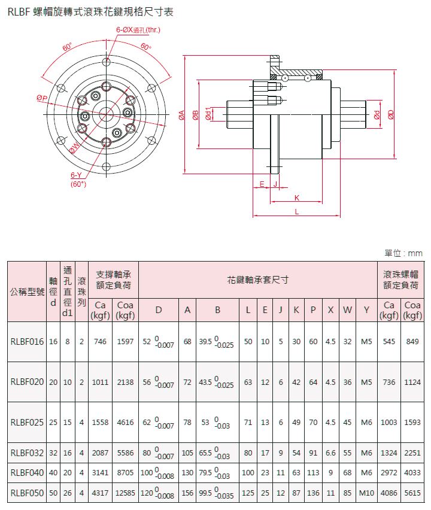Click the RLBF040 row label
pos(27,473)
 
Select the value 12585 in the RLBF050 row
pos(125,493)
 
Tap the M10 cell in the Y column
pos(366,493)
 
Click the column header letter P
pos(313,310)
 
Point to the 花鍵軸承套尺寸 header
pos(257,280)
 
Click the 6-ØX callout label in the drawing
pos(138,30)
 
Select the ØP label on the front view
pos(42,98)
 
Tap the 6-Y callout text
pos(76,175)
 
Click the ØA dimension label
pos(181,115)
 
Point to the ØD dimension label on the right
pos(391,114)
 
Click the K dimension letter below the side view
pos(297,198)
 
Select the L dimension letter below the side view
pos(297,212)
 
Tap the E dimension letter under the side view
pos(262,184)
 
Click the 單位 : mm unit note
pos(403,253)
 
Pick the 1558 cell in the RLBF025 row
pos(100,422)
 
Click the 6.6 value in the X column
pos(330,453)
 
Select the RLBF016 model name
pos(27,342)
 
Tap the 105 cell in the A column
pos(187,453)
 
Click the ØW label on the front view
pos(74,148)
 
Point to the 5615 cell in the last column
pos(412,493)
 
